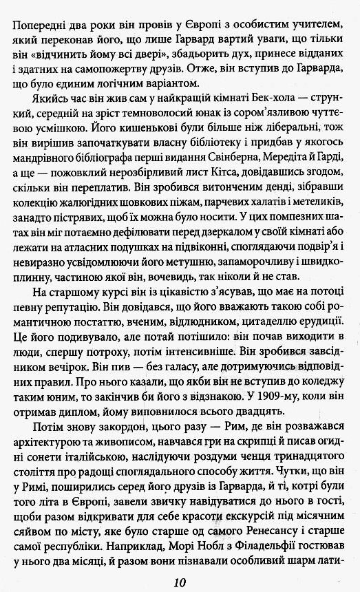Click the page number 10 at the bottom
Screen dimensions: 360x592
coord(180,580)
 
